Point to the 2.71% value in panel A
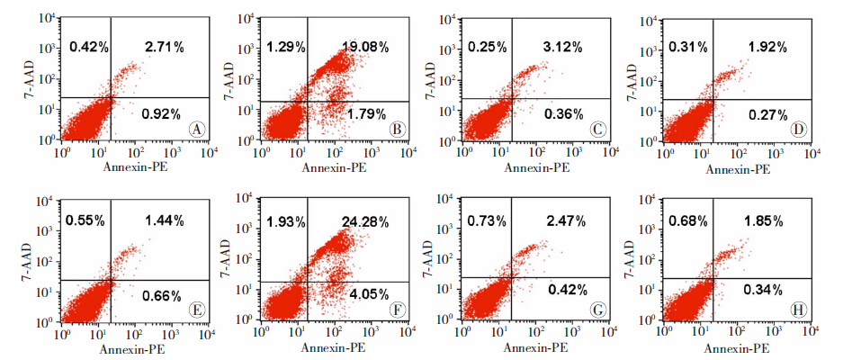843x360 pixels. tap(165, 46)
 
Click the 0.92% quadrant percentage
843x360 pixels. tap(162, 113)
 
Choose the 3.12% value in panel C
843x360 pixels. tap(563, 46)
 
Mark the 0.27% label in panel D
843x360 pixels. tap(765, 113)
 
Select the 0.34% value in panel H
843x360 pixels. tap(765, 290)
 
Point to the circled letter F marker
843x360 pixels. tap(396, 308)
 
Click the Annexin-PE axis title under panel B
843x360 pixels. tap(332, 167)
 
